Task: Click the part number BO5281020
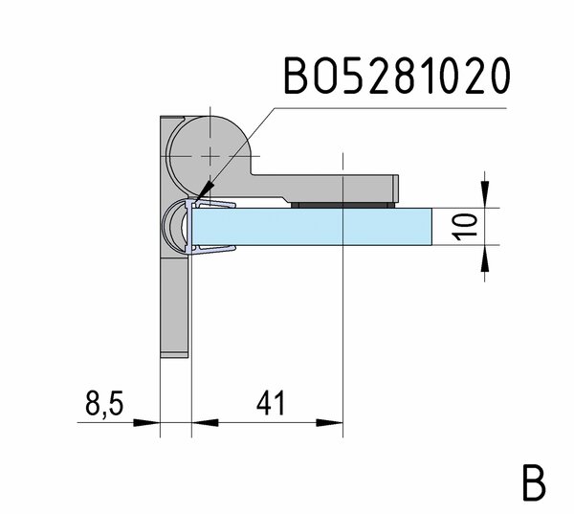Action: pyautogui.click(x=397, y=76)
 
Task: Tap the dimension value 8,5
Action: pyautogui.click(x=104, y=403)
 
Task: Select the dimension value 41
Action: pyautogui.click(x=271, y=402)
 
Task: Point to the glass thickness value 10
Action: pyautogui.click(x=465, y=227)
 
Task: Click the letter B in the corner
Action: pyautogui.click(x=534, y=483)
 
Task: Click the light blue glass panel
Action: pyautogui.click(x=312, y=227)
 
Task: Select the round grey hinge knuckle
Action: pyautogui.click(x=209, y=156)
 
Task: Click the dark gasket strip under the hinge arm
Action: pyautogui.click(x=343, y=205)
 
